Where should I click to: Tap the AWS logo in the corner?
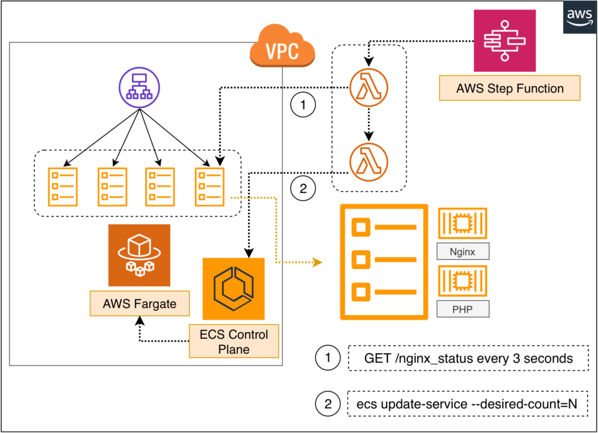point(579,17)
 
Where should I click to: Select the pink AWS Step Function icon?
point(505,41)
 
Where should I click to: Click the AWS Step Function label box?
point(510,88)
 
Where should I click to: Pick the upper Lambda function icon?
point(368,87)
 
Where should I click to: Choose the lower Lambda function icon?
point(368,162)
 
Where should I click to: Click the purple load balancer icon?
point(139,87)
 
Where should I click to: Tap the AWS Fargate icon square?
point(139,255)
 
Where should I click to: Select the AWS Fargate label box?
point(140,304)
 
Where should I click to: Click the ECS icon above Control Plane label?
point(234,289)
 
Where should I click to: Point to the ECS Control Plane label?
point(234,341)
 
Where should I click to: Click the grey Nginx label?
point(463,251)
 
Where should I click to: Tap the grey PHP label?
point(463,309)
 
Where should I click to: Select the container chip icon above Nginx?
point(463,223)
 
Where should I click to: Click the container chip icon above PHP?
point(463,281)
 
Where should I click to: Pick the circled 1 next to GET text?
point(328,358)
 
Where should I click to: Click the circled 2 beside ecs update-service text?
point(328,404)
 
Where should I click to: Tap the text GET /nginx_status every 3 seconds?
point(468,359)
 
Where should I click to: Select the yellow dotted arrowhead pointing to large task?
point(317,262)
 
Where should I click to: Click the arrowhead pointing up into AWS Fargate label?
point(140,321)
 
